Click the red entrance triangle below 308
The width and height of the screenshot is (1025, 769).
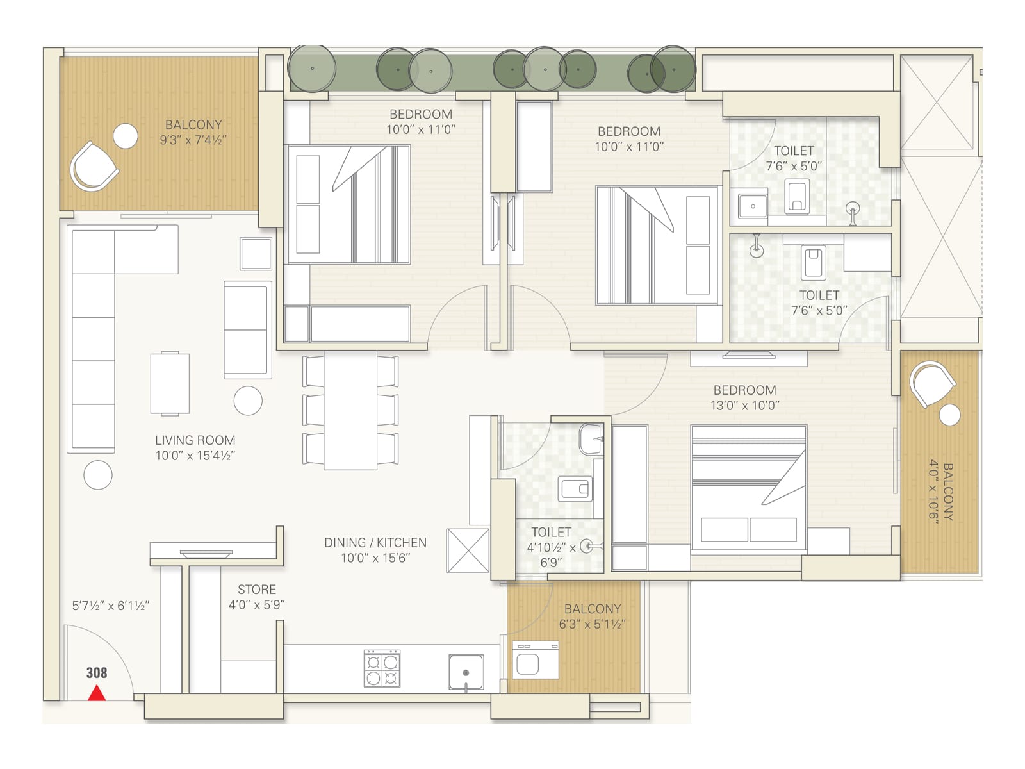tap(97, 693)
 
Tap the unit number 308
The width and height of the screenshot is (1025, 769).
tap(97, 673)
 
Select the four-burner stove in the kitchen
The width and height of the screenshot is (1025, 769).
tap(382, 668)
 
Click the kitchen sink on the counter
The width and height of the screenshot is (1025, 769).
tap(466, 671)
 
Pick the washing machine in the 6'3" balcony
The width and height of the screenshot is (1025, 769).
tap(536, 661)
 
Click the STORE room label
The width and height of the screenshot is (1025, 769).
tap(257, 590)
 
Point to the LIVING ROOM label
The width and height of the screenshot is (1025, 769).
tap(195, 440)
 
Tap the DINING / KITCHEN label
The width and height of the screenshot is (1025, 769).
tap(375, 543)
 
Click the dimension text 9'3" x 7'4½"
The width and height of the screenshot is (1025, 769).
tap(193, 140)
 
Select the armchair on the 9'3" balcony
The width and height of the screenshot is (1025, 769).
tap(94, 167)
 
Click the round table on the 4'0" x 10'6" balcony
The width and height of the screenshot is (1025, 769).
tap(950, 415)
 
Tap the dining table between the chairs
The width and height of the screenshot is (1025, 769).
tap(350, 410)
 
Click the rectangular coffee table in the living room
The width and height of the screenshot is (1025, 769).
tap(170, 383)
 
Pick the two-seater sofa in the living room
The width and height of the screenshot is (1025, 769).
tap(247, 329)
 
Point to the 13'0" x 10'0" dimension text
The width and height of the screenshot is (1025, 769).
tap(744, 406)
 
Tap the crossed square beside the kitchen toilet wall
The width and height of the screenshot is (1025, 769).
tap(468, 550)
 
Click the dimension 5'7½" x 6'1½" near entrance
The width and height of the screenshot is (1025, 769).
tap(111, 606)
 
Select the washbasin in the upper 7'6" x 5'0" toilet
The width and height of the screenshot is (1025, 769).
tap(753, 206)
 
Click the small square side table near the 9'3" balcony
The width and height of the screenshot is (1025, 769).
tap(256, 253)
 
